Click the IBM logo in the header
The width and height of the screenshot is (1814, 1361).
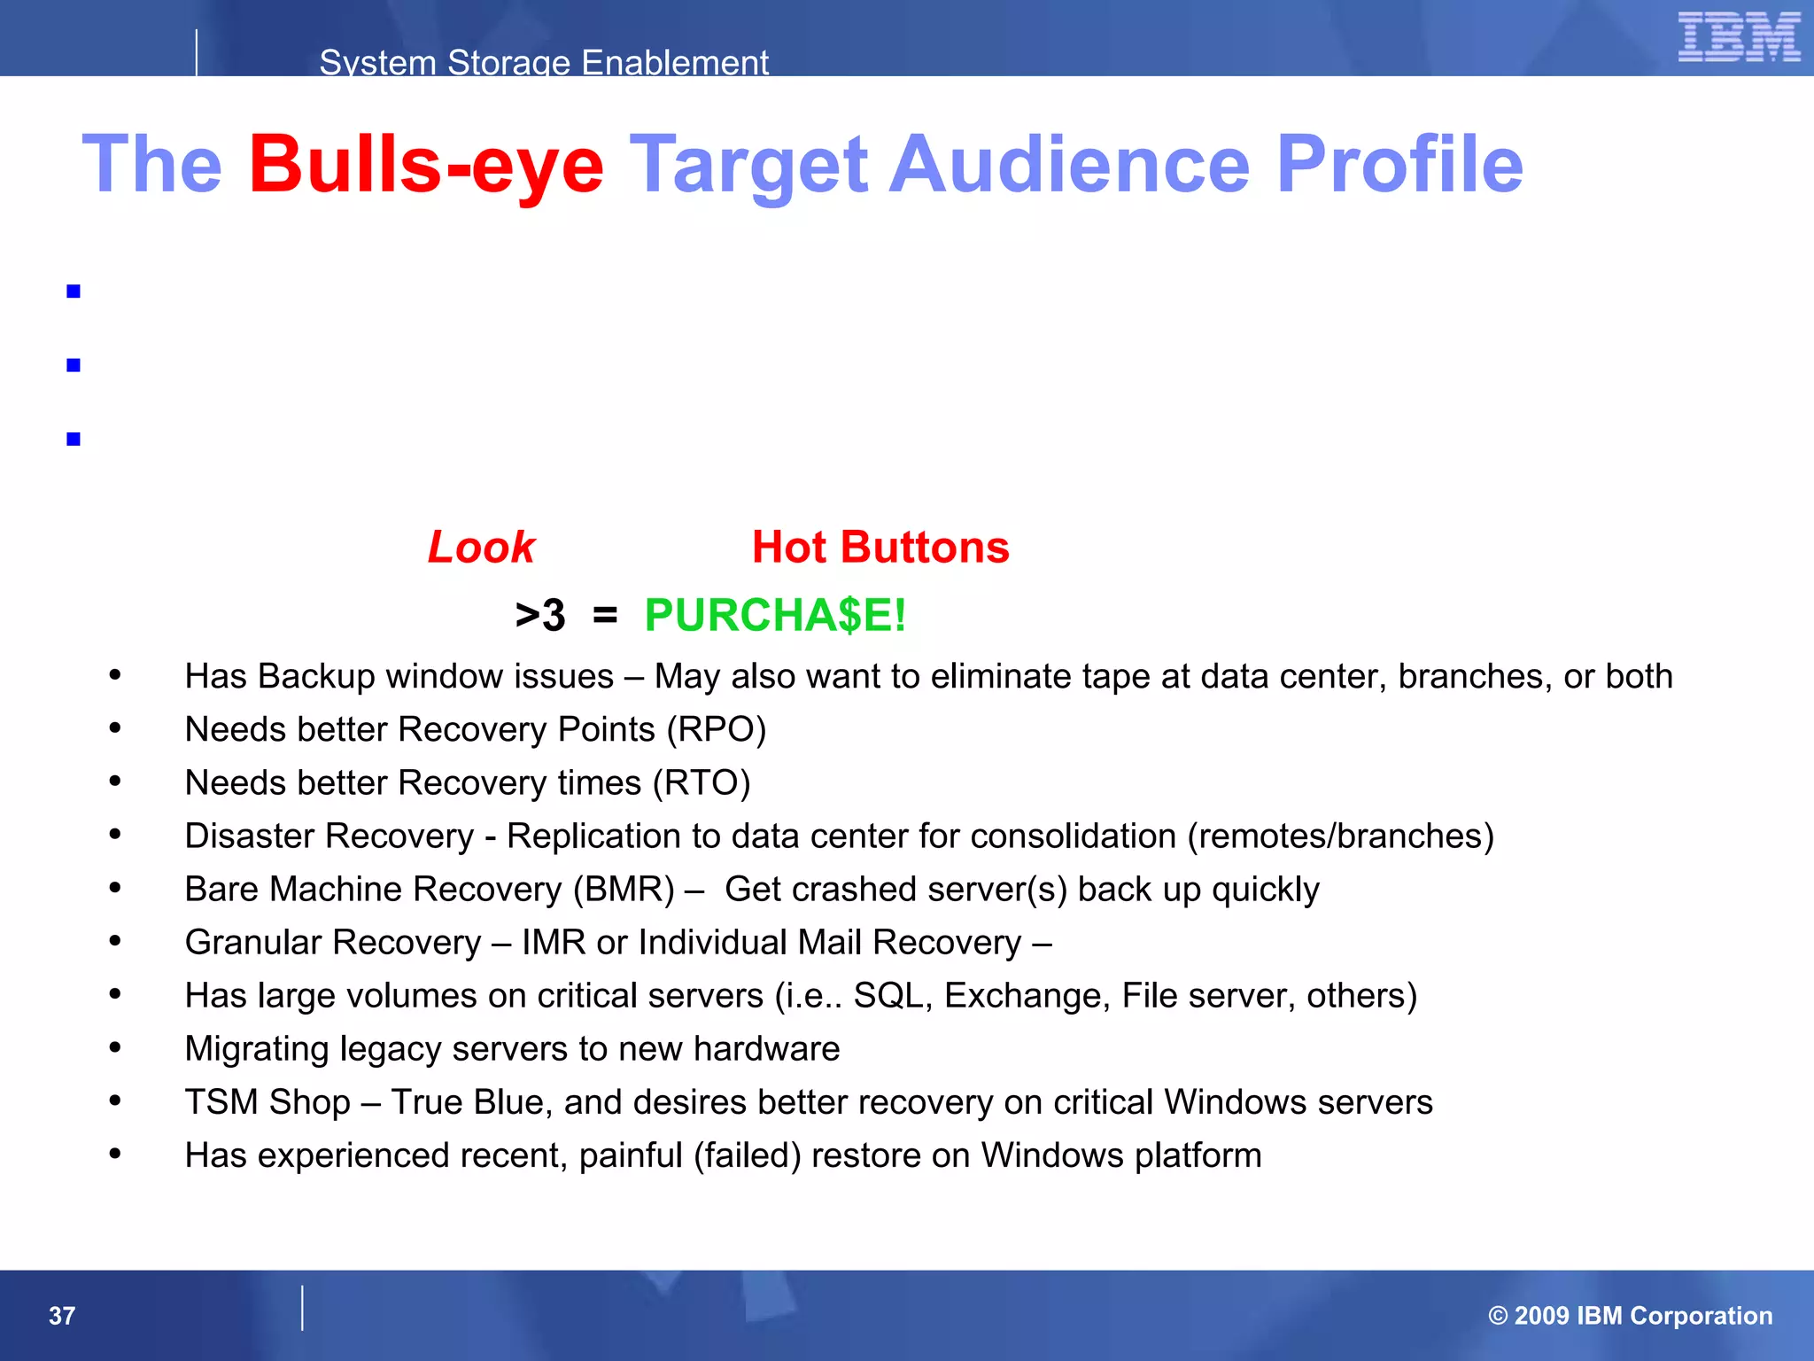[x=1739, y=37]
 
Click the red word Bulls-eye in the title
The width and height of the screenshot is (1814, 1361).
[x=426, y=165]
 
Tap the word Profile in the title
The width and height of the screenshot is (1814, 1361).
[x=1399, y=165]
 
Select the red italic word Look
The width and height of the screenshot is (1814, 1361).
[x=481, y=548]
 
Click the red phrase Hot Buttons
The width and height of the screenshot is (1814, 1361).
[x=880, y=548]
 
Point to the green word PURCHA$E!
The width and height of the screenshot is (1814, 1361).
[x=775, y=615]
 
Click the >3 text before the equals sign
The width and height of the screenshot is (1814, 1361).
[x=540, y=615]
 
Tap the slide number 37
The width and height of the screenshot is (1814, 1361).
[x=62, y=1316]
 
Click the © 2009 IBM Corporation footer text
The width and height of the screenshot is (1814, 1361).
[x=1630, y=1316]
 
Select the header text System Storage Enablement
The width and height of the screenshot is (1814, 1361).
[x=544, y=62]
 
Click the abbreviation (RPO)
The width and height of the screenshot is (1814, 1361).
[x=717, y=730]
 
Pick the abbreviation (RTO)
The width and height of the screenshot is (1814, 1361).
[x=702, y=783]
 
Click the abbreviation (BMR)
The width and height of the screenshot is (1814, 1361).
[x=624, y=890]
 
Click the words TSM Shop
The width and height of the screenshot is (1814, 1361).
[x=267, y=1102]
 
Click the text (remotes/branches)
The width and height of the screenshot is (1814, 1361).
[x=1340, y=836]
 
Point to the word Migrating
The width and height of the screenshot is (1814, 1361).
[x=257, y=1049]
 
